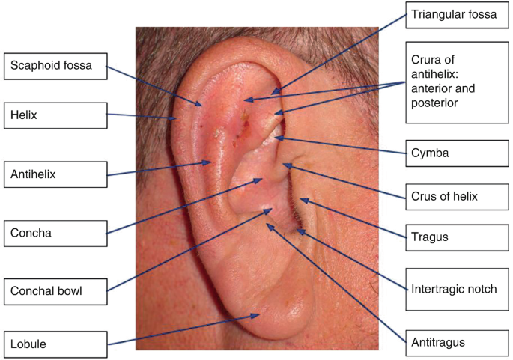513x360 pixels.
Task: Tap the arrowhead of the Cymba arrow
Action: (276, 138)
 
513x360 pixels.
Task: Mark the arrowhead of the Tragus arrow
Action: (300, 198)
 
